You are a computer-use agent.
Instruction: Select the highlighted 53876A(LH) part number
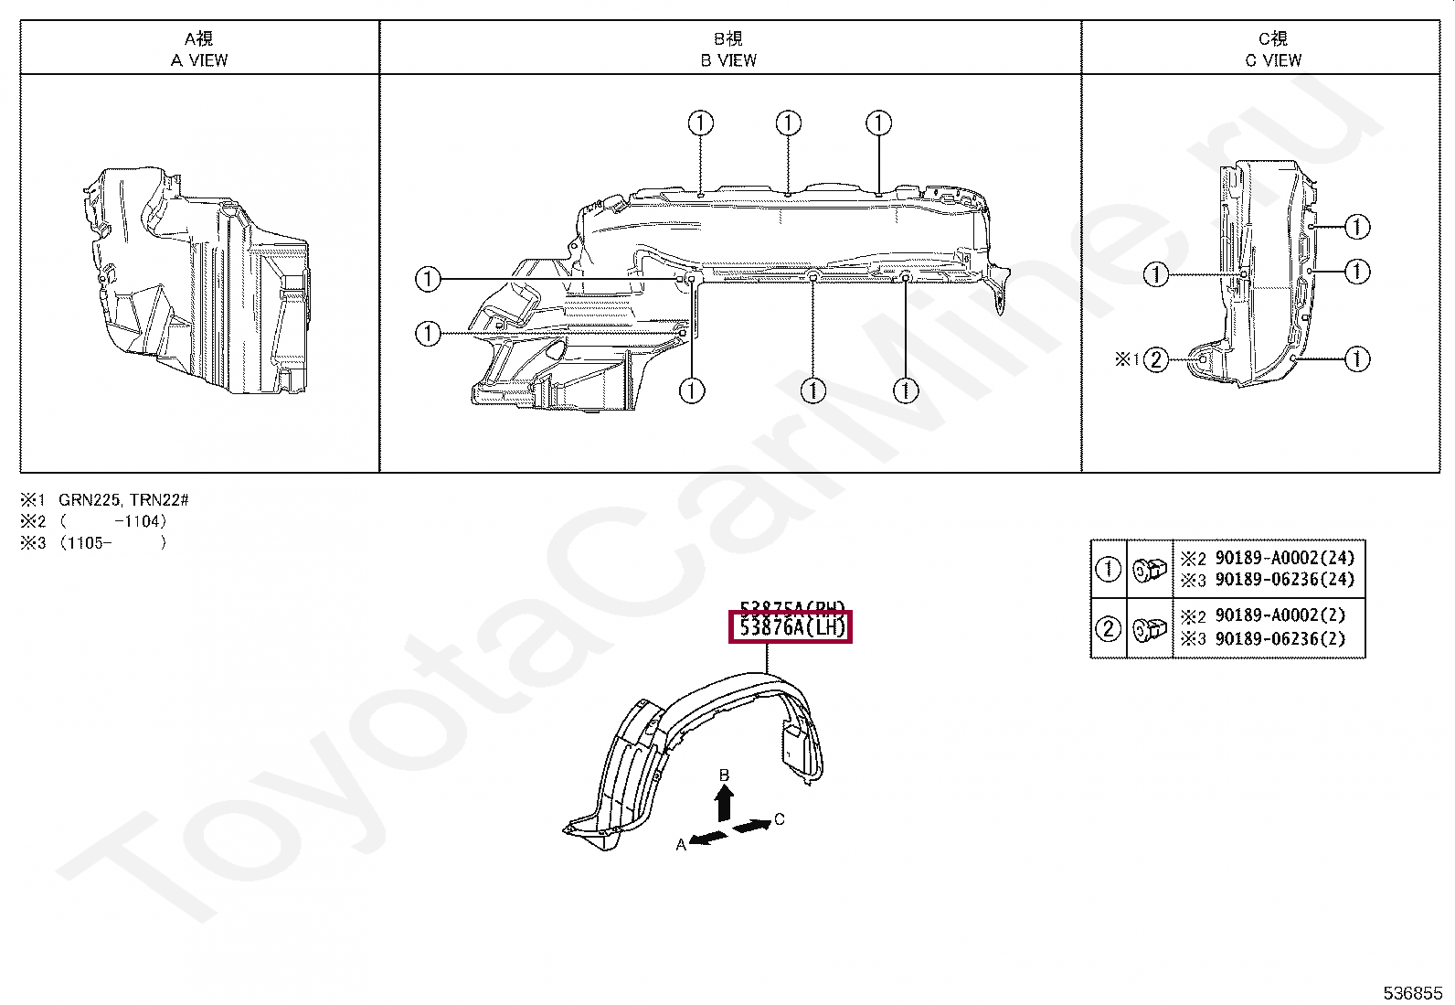791,627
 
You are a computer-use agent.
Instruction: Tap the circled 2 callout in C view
1156,359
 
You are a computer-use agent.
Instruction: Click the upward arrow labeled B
724,802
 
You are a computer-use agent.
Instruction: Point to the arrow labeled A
708,838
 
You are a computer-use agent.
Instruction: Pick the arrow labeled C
751,825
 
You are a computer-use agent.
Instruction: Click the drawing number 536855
1412,993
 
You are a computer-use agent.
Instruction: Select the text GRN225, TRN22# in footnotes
123,500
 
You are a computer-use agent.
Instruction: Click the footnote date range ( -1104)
113,521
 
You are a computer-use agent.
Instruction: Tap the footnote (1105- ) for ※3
113,543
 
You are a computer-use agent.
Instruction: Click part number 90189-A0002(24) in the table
1284,558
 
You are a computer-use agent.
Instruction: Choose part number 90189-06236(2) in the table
1280,638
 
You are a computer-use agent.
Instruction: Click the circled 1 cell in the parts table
1108,569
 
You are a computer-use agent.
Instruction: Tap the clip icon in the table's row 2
1149,628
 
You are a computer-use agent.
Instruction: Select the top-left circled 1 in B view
700,123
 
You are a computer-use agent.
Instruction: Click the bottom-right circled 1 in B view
905,391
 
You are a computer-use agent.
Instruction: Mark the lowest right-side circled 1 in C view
1357,359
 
